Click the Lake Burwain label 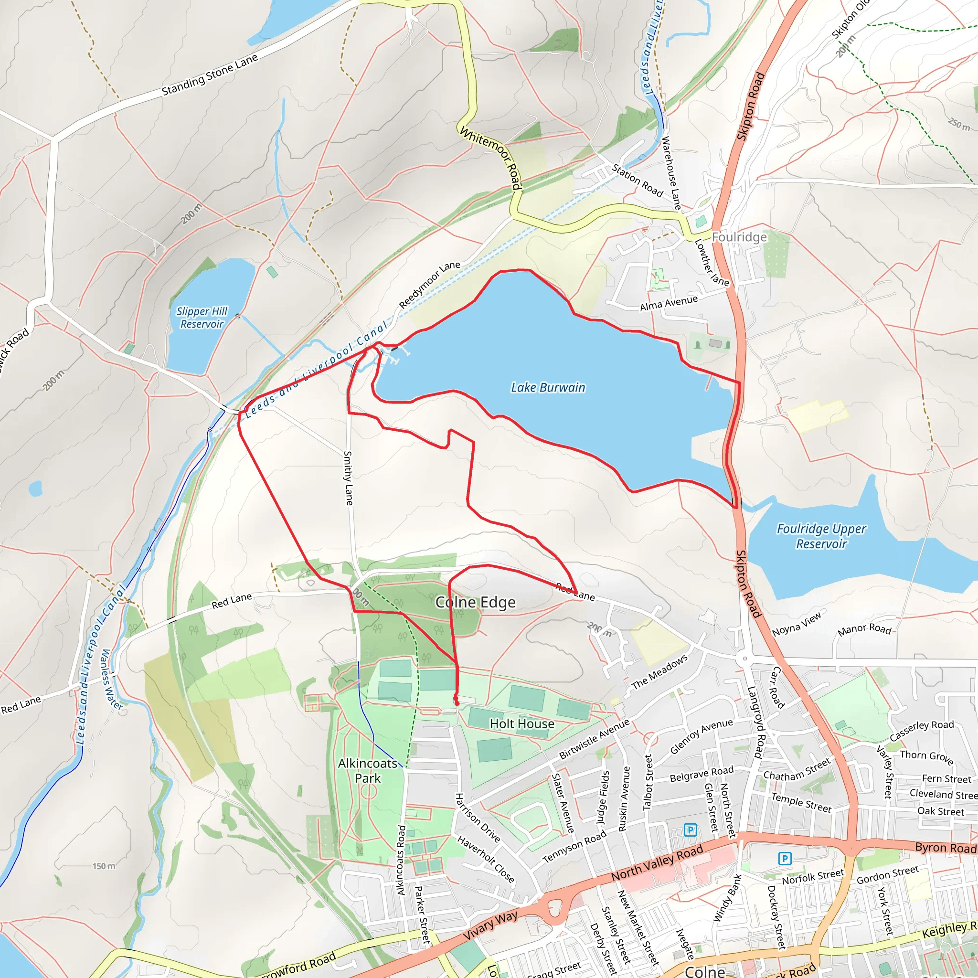(548, 388)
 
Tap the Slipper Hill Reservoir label (202, 318)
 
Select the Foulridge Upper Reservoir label (821, 536)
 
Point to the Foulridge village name (739, 237)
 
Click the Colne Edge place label (475, 602)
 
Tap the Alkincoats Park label (368, 770)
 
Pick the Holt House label (522, 724)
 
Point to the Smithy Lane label (348, 478)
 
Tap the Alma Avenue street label (669, 304)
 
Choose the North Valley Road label (657, 862)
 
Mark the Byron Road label (945, 848)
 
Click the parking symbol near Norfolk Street (784, 858)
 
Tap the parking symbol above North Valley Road (690, 830)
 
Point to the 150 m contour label (104, 866)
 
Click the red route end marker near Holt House (457, 703)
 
